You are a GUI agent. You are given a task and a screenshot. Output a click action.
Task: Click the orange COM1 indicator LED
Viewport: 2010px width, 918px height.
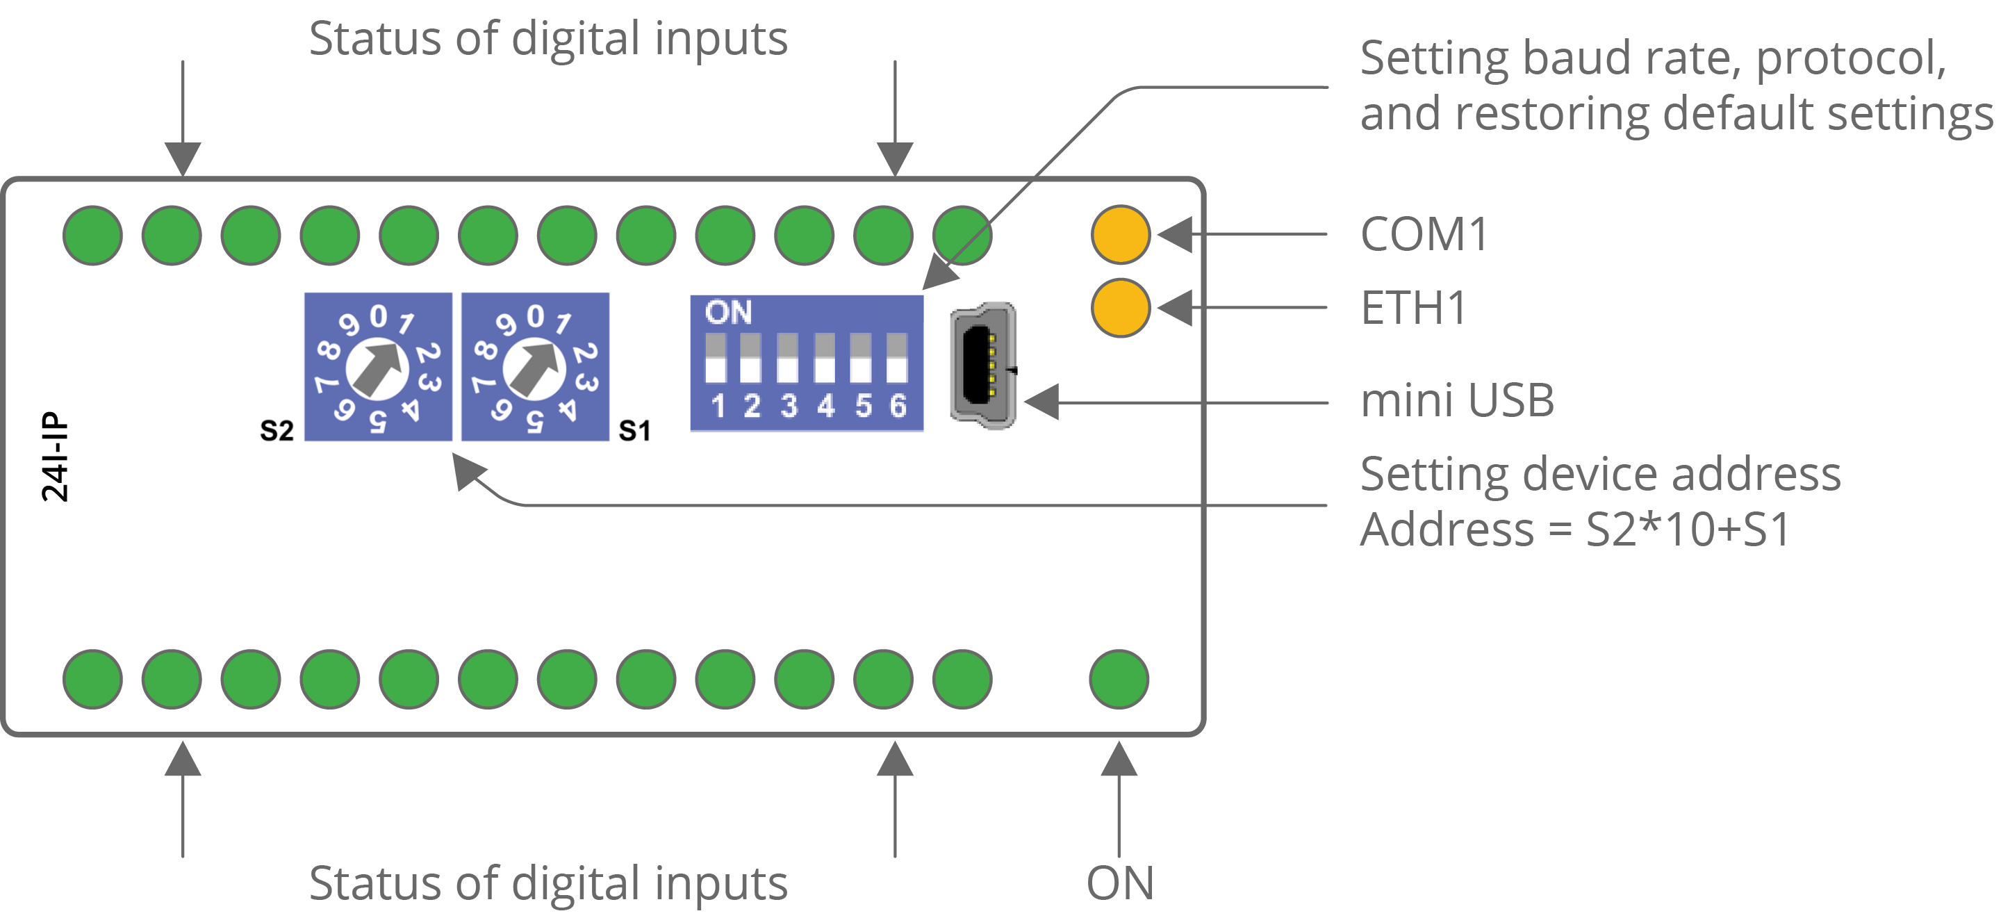coord(1121,234)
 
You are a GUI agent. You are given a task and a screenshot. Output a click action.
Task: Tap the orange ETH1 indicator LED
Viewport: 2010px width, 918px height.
coord(1121,309)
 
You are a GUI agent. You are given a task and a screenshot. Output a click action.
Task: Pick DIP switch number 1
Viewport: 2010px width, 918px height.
coord(716,359)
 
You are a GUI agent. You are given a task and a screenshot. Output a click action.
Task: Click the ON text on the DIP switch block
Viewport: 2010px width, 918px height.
coord(728,313)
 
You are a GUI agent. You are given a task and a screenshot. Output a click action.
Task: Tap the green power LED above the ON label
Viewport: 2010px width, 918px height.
coord(1119,679)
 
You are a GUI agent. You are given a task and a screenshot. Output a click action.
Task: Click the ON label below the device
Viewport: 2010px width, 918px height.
coord(1120,883)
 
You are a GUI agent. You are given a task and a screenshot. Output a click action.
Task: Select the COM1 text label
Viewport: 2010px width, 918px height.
coord(1424,234)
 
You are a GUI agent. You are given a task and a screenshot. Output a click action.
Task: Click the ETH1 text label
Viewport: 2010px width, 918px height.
coord(1414,308)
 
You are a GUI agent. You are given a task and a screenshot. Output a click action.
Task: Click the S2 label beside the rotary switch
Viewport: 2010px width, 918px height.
coord(277,430)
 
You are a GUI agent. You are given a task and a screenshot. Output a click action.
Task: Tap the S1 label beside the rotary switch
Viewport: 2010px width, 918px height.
coord(634,430)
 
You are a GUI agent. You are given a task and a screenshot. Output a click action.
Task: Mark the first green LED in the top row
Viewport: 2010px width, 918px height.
coord(93,235)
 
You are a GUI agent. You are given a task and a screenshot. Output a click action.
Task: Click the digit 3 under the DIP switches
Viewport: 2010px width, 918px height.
coord(789,406)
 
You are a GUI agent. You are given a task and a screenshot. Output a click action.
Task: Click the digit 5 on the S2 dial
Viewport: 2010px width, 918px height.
coord(378,420)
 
